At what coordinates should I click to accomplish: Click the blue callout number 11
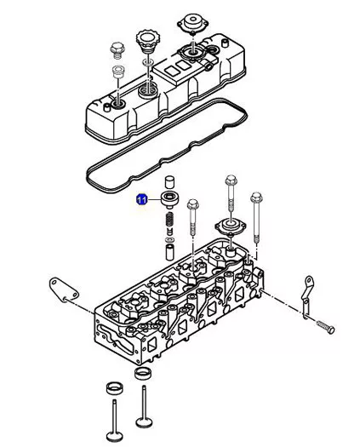tap(141, 199)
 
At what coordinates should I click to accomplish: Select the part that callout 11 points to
tap(170, 199)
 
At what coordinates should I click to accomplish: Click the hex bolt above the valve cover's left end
tap(117, 50)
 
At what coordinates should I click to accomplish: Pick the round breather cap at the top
tap(192, 23)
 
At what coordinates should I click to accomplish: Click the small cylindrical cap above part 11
tap(169, 181)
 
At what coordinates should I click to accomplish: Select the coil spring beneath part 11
tap(169, 220)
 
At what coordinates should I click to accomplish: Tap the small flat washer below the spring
tap(170, 238)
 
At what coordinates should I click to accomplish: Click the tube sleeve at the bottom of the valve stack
tap(170, 251)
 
